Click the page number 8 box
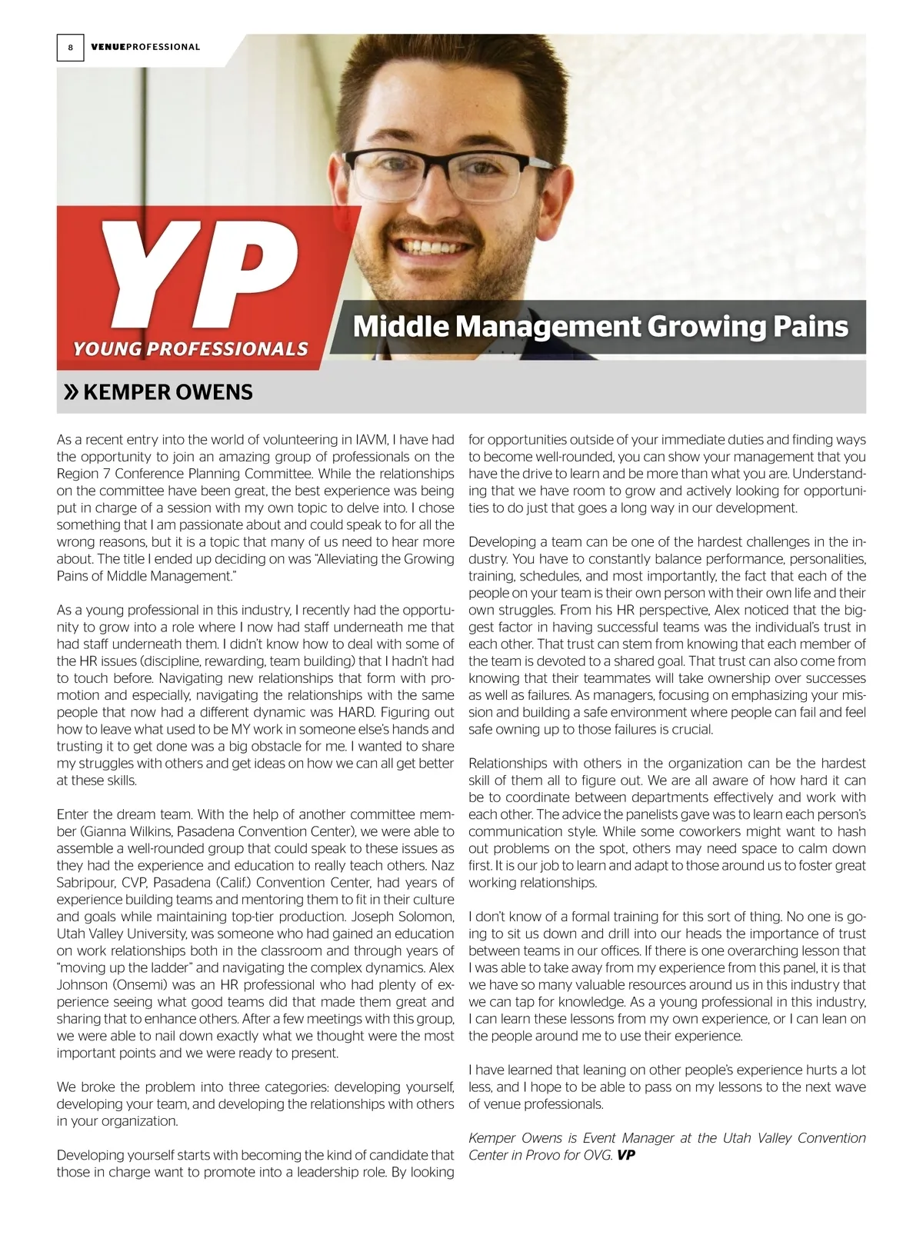click(70, 48)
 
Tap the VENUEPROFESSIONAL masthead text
click(145, 48)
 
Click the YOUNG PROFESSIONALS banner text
click(190, 349)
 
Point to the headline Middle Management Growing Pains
click(600, 327)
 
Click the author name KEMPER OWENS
click(168, 393)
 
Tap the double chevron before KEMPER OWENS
click(70, 393)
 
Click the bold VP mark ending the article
click(627, 1155)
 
